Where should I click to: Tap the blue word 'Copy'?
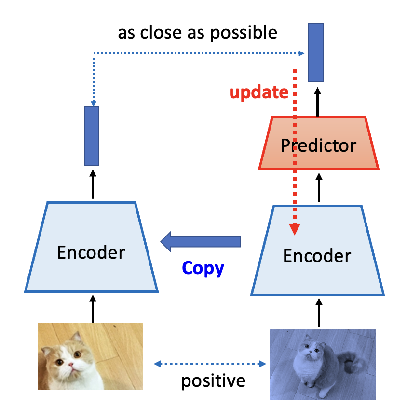click(203, 268)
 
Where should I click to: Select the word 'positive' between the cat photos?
click(213, 381)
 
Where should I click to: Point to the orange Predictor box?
click(318, 144)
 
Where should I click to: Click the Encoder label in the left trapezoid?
click(91, 252)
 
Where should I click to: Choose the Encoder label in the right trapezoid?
click(317, 256)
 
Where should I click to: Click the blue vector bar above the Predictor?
click(315, 52)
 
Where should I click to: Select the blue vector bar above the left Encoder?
click(92, 136)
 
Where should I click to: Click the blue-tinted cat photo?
click(322, 364)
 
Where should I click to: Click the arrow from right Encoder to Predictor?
click(318, 188)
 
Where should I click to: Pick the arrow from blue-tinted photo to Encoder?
click(318, 313)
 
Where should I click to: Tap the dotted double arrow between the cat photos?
click(210, 364)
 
